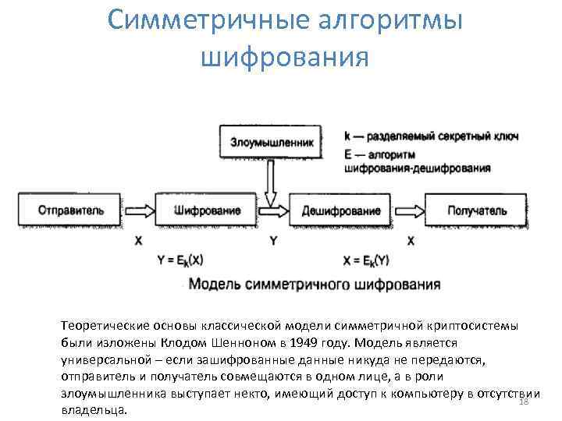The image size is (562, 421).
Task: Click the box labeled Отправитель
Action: click(71, 210)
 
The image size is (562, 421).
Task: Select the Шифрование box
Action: click(206, 210)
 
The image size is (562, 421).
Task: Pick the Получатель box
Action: click(477, 210)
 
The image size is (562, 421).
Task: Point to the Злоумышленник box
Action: click(272, 143)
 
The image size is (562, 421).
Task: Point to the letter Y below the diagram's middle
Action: click(272, 242)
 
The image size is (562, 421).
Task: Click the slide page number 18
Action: click(524, 401)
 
